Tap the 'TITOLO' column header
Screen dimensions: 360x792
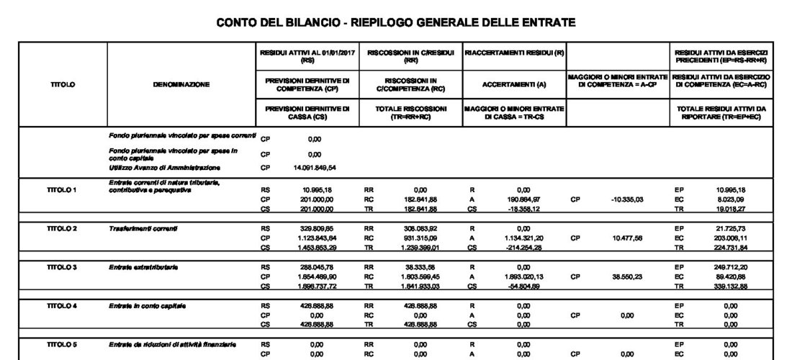tap(63, 85)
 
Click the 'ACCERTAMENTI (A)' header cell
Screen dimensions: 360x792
tap(514, 85)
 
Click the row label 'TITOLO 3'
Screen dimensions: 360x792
tap(63, 267)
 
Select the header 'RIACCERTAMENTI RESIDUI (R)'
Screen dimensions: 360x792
tap(514, 53)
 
